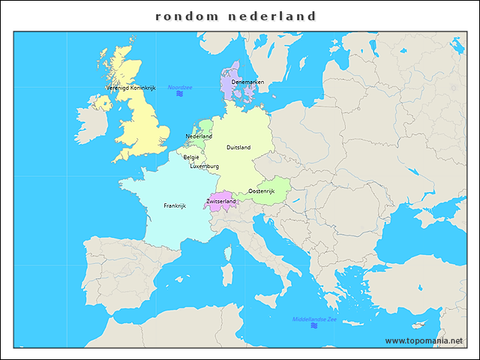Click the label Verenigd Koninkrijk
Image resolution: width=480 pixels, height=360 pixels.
pos(130,88)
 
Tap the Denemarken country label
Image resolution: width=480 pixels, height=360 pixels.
pos(247,82)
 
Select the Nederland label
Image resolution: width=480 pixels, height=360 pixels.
pos(199,136)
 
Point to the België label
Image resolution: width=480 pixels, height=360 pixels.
pos(191,157)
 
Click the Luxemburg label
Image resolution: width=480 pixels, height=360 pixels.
pos(204,166)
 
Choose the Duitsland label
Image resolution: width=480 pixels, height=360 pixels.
pos(238,148)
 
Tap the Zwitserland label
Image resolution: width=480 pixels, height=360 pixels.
pos(221,201)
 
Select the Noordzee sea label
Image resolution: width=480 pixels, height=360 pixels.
pos(180,88)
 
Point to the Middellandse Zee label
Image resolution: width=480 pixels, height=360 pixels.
pos(315,319)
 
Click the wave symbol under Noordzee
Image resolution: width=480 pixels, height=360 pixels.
pos(180,96)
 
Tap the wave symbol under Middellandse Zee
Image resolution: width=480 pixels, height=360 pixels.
pos(313,326)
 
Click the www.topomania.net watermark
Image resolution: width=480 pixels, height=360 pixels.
pos(424,340)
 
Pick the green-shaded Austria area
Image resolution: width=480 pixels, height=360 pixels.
pos(276,185)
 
